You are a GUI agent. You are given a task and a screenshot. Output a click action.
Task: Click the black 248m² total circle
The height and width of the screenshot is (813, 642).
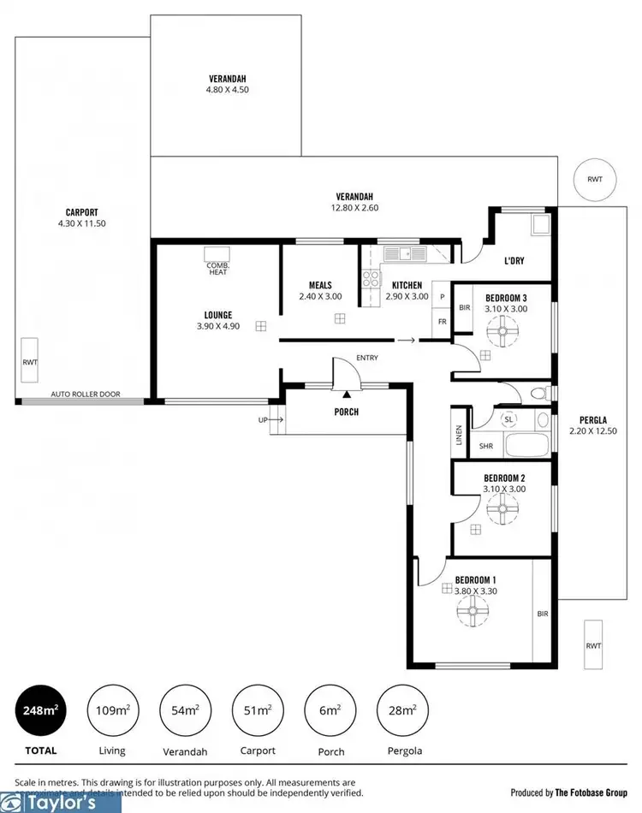[x=40, y=710]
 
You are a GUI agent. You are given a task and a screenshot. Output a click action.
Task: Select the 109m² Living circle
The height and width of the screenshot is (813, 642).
[x=112, y=710]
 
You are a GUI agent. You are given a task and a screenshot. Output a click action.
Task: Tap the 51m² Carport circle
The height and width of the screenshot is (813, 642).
[x=258, y=710]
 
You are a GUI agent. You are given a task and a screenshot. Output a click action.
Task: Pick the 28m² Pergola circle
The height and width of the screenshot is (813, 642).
[x=402, y=710]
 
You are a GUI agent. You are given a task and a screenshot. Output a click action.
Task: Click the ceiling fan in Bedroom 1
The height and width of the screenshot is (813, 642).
[x=471, y=611]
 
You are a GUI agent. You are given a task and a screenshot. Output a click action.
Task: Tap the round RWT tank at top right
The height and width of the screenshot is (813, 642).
[x=594, y=180]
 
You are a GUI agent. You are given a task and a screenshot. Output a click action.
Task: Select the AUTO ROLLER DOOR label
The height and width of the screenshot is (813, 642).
[x=86, y=395]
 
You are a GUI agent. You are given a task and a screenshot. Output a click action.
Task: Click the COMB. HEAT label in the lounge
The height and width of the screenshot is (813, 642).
[x=217, y=268]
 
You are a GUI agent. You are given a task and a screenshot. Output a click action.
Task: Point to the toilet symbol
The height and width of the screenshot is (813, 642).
[x=537, y=394]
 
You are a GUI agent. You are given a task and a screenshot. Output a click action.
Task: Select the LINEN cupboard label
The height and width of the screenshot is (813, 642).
[x=460, y=435]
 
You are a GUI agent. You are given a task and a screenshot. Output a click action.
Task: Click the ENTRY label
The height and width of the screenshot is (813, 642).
[x=366, y=358]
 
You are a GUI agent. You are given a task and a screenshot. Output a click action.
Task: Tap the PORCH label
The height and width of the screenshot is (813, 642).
[x=347, y=412]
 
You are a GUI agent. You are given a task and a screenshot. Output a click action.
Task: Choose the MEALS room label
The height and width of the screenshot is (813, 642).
[x=319, y=286]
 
